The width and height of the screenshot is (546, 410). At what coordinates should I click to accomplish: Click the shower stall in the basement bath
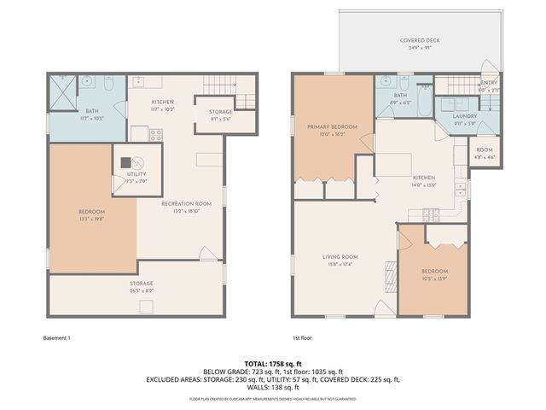[61, 89]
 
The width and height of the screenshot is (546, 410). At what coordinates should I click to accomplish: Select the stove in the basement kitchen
[156, 134]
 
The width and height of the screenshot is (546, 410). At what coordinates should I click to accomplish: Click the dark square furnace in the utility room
[125, 161]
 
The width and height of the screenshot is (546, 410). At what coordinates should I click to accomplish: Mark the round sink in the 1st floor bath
[384, 83]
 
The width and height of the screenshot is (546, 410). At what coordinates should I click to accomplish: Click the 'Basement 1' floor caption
[56, 338]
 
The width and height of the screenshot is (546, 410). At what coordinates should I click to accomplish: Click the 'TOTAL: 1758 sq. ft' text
[273, 363]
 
